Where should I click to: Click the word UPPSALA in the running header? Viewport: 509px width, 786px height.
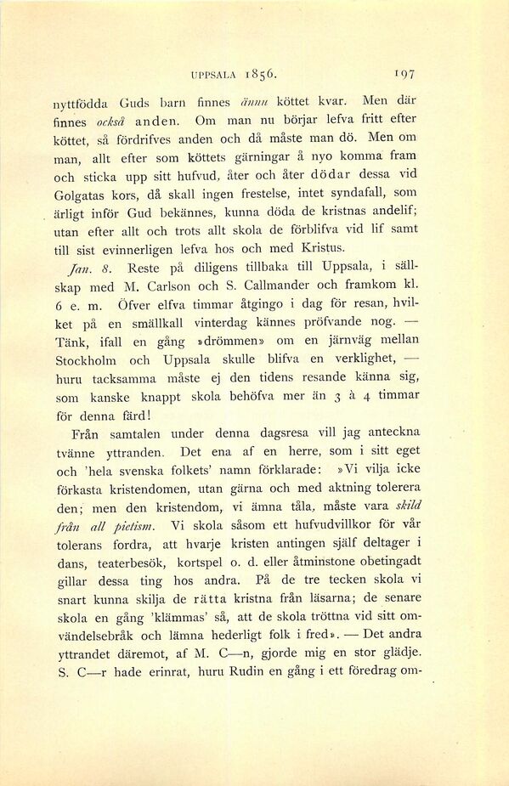click(x=219, y=72)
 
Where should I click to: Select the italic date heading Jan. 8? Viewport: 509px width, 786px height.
click(x=109, y=268)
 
